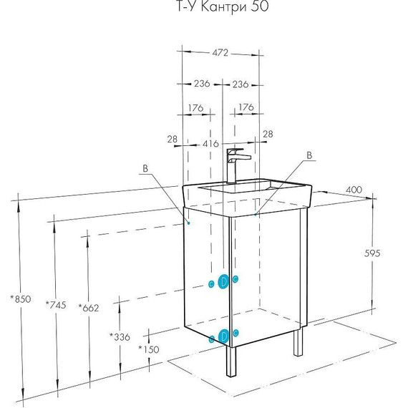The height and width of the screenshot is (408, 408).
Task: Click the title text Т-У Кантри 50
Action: pyautogui.click(x=223, y=6)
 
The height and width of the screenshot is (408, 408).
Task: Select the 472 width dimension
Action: pyautogui.click(x=220, y=53)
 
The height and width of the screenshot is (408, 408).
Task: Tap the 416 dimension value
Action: pyautogui.click(x=210, y=144)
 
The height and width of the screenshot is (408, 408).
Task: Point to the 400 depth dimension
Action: pyautogui.click(x=354, y=190)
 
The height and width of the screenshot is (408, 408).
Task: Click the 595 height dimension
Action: pyautogui.click(x=372, y=253)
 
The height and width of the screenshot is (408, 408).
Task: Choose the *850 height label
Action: pyautogui.click(x=21, y=299)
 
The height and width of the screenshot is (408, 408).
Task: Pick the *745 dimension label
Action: pyautogui.click(x=56, y=305)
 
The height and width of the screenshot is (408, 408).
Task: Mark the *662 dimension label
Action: pyautogui.click(x=89, y=308)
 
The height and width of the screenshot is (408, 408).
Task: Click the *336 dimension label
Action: pyautogui.click(x=120, y=337)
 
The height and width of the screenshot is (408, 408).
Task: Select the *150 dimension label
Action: pyautogui.click(x=149, y=349)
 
